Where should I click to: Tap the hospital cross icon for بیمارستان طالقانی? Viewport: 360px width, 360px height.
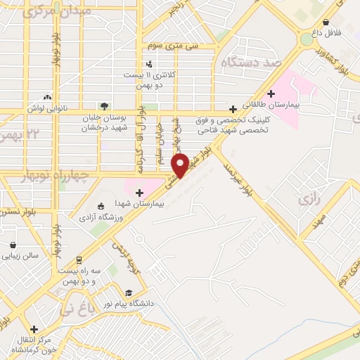(271, 93)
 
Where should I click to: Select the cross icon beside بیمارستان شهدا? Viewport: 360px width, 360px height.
(139, 192)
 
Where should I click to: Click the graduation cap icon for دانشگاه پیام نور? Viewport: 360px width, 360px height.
(129, 293)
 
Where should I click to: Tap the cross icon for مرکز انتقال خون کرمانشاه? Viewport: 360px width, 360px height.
(34, 328)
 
